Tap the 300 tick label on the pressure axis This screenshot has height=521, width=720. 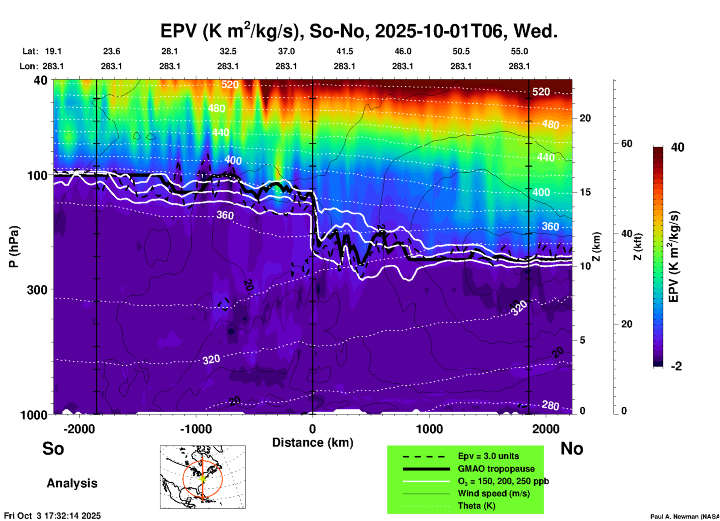[x=37, y=290]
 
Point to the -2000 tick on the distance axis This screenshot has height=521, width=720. [x=79, y=429]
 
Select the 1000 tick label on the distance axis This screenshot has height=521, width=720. [x=429, y=429]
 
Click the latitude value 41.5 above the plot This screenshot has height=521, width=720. [x=344, y=51]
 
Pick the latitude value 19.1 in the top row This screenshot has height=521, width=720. [x=53, y=51]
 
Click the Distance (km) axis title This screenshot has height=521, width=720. [x=313, y=443]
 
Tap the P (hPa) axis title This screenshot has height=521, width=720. [x=14, y=247]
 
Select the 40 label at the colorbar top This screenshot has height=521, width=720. [x=677, y=147]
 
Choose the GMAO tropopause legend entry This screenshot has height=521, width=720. [x=496, y=469]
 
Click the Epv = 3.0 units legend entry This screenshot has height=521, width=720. [x=488, y=456]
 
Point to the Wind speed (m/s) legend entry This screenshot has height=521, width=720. [x=493, y=493]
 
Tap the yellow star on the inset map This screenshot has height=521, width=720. [x=203, y=478]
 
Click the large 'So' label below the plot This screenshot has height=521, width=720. [x=53, y=448]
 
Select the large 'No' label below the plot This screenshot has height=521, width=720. [x=572, y=448]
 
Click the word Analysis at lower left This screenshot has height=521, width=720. [x=72, y=483]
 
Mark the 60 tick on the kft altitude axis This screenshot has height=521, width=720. [x=627, y=144]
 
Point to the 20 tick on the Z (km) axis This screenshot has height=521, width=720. [x=585, y=118]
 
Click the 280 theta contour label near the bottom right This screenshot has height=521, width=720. [x=550, y=406]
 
